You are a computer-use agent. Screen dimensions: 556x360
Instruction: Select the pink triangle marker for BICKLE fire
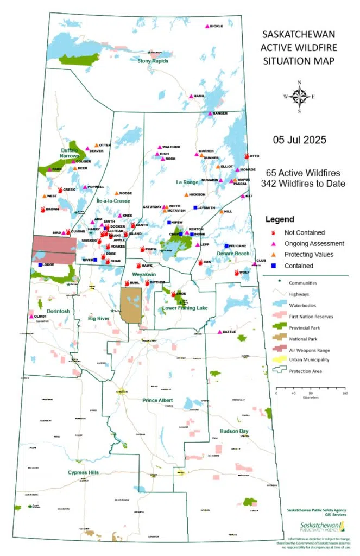[x=206, y=26]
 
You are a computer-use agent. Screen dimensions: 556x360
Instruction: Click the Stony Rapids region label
[x=153, y=61]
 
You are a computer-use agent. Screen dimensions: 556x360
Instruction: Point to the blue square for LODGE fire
[x=40, y=265]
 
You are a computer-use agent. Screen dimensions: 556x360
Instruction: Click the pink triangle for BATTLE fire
[x=219, y=332]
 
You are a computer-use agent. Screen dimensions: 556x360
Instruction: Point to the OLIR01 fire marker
[x=31, y=316]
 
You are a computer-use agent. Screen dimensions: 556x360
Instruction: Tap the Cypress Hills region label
[x=83, y=472]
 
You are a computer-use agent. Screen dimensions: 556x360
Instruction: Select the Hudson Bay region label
[x=234, y=431]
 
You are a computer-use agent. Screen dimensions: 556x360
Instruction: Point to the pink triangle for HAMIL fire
[x=191, y=96]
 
